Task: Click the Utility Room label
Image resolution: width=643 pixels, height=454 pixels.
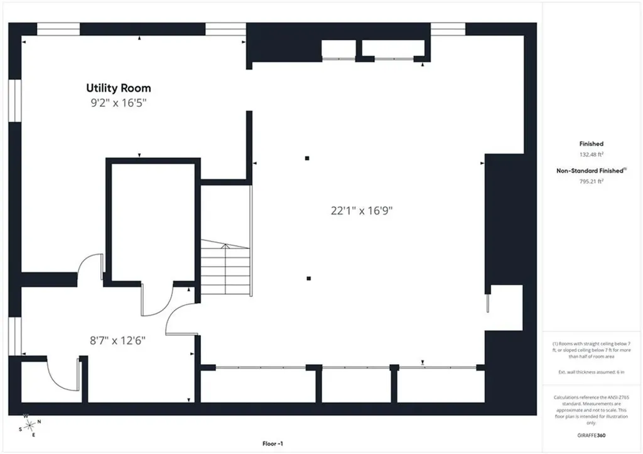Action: (119, 88)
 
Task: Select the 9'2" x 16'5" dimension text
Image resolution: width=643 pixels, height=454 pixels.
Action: (119, 102)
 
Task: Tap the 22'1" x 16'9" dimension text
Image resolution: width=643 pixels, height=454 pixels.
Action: (362, 211)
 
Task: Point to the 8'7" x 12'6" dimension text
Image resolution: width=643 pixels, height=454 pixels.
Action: (117, 340)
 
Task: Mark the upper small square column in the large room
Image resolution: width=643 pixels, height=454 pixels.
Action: (307, 158)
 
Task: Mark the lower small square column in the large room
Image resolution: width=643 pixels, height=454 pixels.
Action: (309, 279)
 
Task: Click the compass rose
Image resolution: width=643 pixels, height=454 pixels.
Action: (30, 426)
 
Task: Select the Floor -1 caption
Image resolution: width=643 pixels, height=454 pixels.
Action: (273, 444)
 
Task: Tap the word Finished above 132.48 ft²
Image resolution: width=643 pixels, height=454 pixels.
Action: (592, 143)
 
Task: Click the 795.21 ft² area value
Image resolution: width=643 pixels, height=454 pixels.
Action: (592, 181)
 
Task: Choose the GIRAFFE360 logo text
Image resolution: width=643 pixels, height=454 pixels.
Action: (592, 435)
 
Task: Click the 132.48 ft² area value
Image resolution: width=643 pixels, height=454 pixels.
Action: (592, 154)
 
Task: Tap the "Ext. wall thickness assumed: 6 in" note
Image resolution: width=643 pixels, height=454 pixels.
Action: (592, 372)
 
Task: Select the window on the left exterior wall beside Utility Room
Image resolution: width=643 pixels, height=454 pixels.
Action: (15, 101)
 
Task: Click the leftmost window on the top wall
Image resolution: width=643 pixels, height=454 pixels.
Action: (58, 29)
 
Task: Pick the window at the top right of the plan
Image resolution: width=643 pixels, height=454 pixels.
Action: (448, 29)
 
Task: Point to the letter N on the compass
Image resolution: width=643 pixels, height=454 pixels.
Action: (40, 421)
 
